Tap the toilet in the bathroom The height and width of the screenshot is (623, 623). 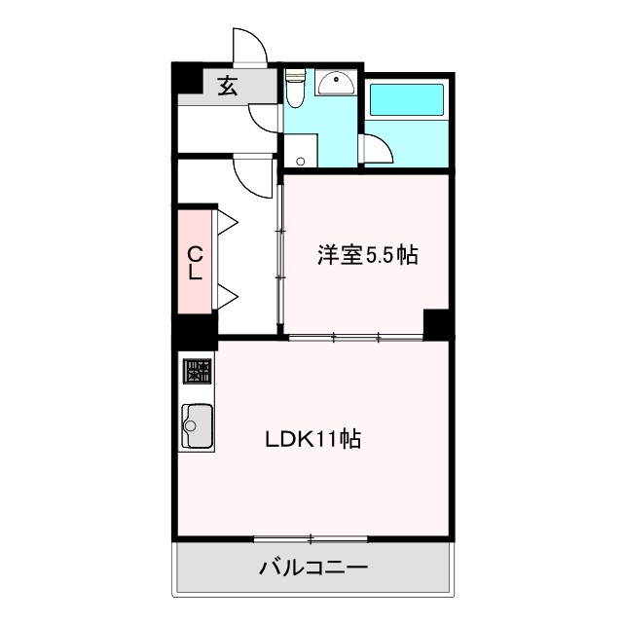pos(296,91)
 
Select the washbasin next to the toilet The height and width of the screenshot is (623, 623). pos(338,83)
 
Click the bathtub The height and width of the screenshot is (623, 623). pos(407,101)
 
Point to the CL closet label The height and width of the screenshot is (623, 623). pos(195,263)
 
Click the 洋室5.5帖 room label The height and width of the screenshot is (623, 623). pos(367,256)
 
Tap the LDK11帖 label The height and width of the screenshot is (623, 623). pos(313,439)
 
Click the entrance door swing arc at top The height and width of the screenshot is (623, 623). pos(249,46)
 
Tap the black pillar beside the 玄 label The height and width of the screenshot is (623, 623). pos(185,78)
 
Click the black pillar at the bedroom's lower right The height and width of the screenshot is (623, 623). pos(436,323)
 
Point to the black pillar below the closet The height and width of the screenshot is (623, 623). pos(195,331)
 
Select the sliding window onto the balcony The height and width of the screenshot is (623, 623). pos(311,538)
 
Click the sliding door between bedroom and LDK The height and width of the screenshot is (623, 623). pos(356,338)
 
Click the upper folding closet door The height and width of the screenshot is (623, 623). pos(228,222)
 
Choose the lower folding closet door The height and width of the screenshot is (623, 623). pos(228,296)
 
